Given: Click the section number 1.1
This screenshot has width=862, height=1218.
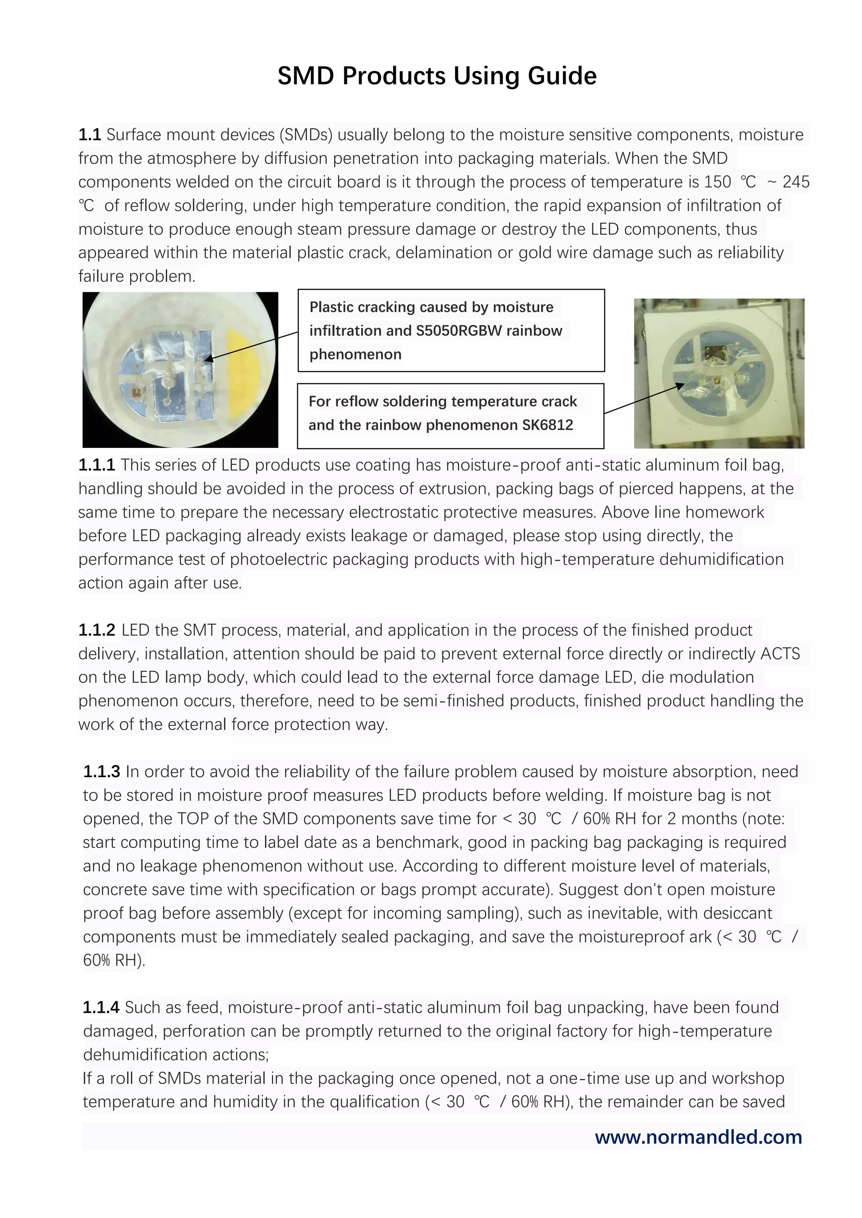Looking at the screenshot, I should click(x=89, y=135).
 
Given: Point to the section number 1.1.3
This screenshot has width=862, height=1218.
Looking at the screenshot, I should click(x=101, y=772).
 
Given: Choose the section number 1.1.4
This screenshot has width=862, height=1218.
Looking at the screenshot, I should click(x=101, y=1007).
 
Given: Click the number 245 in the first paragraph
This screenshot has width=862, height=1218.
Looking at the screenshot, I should click(x=795, y=182).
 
